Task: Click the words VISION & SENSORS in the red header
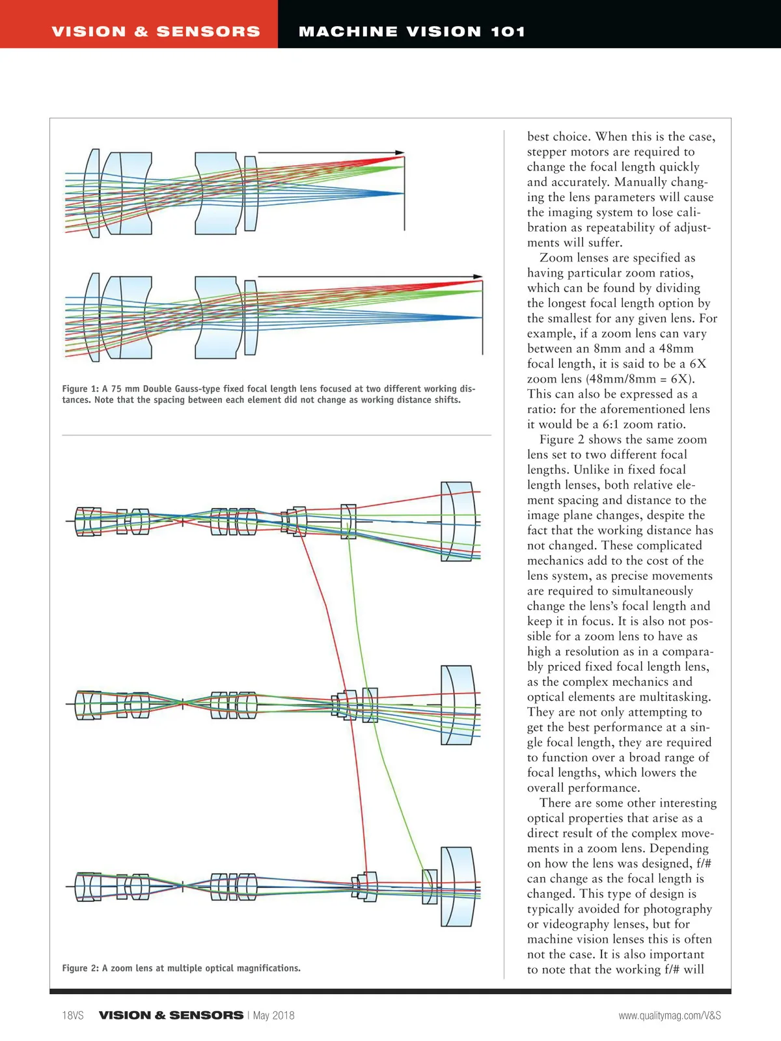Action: (x=156, y=31)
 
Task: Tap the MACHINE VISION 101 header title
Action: (x=411, y=31)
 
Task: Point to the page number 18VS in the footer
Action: (x=73, y=1015)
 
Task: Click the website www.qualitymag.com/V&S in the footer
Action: (x=670, y=1015)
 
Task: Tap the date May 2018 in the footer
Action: (x=273, y=1015)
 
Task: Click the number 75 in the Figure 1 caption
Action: (x=116, y=389)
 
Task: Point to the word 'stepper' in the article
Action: (x=548, y=152)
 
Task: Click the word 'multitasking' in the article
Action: (x=674, y=697)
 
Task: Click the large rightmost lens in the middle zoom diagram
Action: (x=458, y=705)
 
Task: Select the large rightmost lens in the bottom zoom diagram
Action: (x=458, y=886)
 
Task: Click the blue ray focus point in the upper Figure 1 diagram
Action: (x=403, y=193)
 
